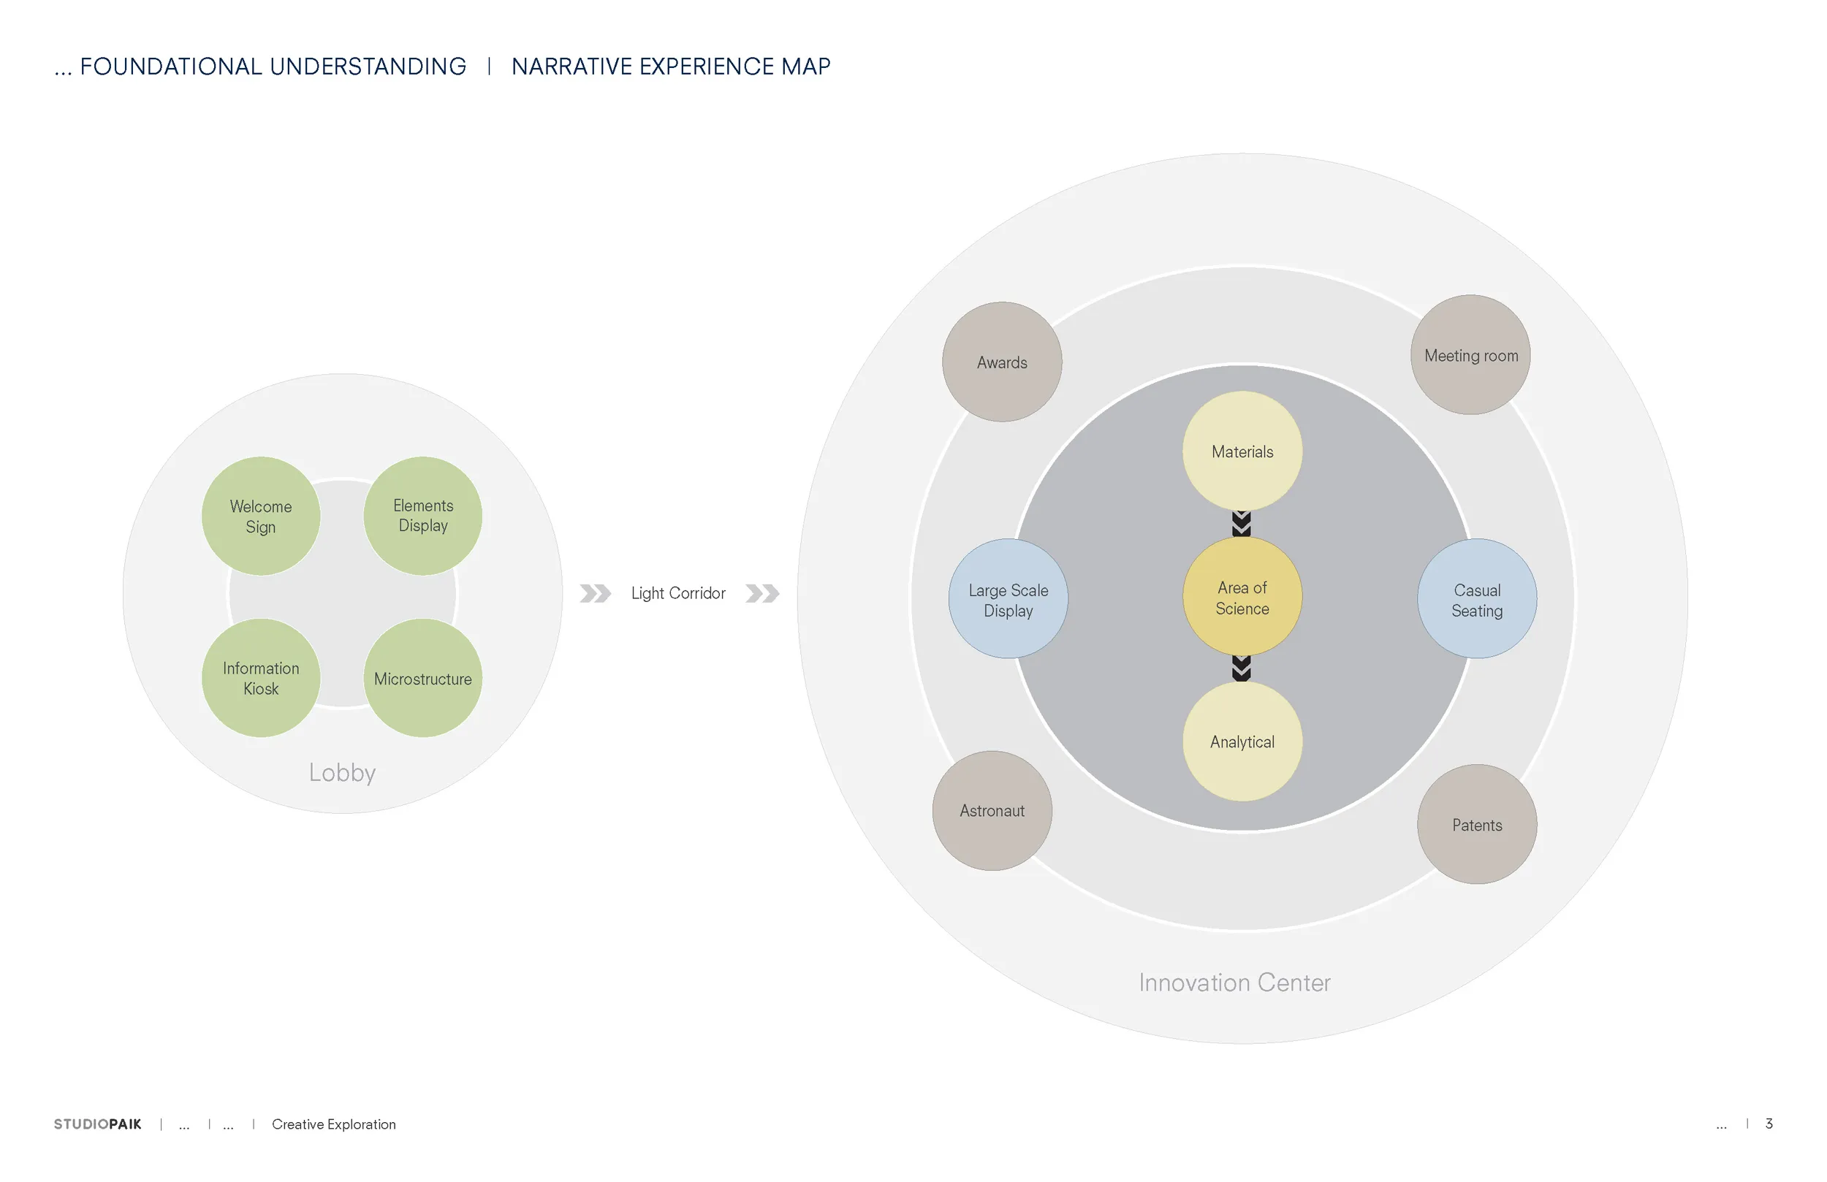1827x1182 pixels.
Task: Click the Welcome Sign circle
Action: coord(261,516)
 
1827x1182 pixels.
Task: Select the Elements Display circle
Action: coord(423,516)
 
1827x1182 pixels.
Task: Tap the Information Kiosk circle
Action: coord(261,678)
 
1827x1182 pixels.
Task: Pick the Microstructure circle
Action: coord(423,678)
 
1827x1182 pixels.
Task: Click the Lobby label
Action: coord(342,772)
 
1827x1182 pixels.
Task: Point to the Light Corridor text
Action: coord(678,593)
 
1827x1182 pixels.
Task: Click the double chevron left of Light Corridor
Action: coord(595,593)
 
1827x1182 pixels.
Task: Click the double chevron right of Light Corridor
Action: coord(762,593)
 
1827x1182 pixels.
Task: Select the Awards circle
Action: coord(1002,362)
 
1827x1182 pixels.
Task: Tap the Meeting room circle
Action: coord(1471,354)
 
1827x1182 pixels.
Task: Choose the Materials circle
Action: coord(1242,451)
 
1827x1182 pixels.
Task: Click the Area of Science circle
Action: coord(1242,596)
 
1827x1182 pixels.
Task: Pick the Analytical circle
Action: coord(1242,741)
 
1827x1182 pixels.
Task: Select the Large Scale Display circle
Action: coord(1008,599)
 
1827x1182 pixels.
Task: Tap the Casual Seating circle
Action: coord(1477,599)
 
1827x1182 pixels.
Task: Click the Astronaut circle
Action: coord(992,810)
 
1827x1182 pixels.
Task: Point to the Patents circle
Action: coord(1477,824)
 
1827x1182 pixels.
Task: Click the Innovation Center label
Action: coord(1234,983)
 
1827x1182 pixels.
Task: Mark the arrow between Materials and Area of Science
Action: coord(1242,524)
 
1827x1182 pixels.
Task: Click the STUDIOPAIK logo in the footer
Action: coord(97,1124)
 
